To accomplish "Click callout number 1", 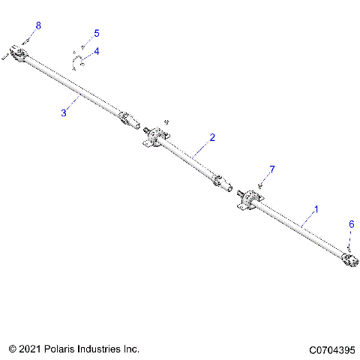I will (x=316, y=210).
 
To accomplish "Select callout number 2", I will (x=212, y=137).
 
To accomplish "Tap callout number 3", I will (x=64, y=112).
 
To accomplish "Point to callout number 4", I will (x=96, y=51).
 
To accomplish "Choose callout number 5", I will (x=96, y=34).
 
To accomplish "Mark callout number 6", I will (x=350, y=223).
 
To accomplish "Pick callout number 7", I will (x=272, y=169).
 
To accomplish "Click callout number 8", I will (x=39, y=25).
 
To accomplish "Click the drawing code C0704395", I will (x=331, y=349).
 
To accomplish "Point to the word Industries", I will (x=102, y=349).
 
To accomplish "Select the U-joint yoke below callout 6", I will (x=348, y=259).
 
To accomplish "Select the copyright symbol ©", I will (x=12, y=349).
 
